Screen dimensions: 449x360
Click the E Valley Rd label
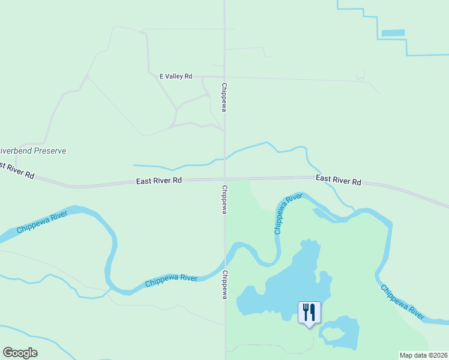[x=175, y=76]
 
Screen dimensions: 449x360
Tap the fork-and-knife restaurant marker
[x=309, y=313]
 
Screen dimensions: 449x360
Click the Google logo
[x=20, y=353]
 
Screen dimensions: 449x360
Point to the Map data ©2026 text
[x=423, y=355]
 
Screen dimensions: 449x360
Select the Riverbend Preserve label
[x=32, y=151]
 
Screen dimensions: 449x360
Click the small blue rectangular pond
[x=393, y=32]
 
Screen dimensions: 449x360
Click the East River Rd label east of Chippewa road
[x=338, y=179]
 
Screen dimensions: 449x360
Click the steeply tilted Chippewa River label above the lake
[x=286, y=214]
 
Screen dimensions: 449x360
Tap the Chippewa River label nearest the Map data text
[x=402, y=301]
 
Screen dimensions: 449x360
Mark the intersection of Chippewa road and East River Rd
[x=225, y=179]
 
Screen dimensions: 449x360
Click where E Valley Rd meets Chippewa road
[x=224, y=77]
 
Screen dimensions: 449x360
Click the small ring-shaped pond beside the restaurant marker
[x=340, y=333]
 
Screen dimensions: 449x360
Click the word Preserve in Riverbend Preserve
[x=47, y=151]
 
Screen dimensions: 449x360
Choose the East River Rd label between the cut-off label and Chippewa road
[x=158, y=180]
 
